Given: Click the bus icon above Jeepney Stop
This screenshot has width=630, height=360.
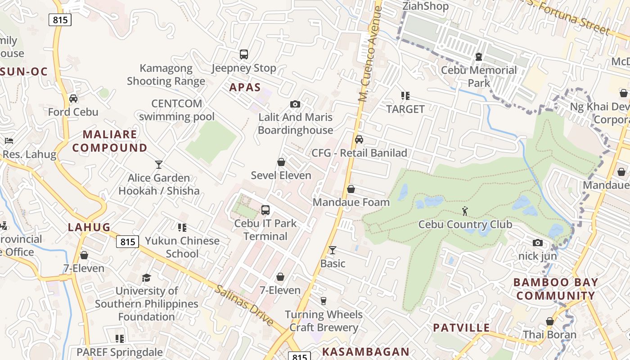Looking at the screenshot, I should (244, 54).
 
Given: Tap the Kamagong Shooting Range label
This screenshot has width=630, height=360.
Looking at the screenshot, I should (166, 75).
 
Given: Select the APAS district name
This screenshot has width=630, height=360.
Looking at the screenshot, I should (245, 87).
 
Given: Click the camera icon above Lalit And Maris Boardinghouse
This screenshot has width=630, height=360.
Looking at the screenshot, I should (295, 104).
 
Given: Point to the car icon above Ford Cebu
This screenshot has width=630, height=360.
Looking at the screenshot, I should (73, 99).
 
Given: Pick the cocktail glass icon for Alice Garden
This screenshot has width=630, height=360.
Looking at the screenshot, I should (159, 165).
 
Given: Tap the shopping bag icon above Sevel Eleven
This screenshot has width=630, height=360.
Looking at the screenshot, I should (281, 162).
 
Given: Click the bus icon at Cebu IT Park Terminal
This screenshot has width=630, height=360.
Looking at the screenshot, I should (265, 210).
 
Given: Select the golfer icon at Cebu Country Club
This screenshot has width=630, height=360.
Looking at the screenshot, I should (465, 211).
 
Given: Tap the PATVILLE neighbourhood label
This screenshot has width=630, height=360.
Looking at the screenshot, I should (461, 328).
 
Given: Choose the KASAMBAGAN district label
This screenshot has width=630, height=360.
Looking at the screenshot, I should (366, 352).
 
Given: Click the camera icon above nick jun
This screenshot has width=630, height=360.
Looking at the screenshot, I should (537, 243).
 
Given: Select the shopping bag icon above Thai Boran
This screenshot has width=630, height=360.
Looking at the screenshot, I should (549, 321).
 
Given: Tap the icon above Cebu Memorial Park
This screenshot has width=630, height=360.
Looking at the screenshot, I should (479, 57).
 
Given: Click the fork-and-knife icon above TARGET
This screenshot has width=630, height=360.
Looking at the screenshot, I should (405, 96).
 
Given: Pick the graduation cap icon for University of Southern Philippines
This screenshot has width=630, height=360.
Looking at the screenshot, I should (146, 278).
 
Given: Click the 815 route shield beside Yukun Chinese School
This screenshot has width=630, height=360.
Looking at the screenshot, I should (128, 242).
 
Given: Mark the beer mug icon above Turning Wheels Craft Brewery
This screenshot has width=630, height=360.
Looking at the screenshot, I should (323, 301).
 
